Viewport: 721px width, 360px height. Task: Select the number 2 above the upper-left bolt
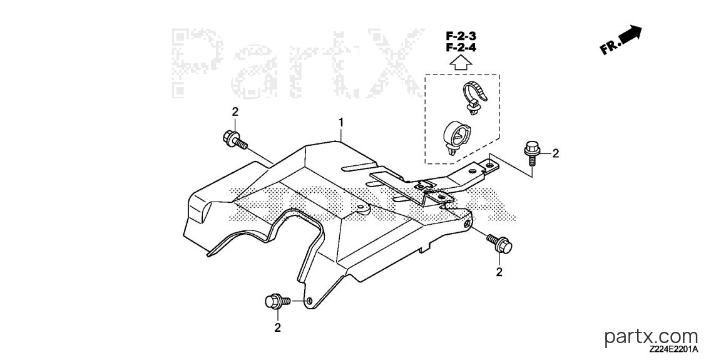click(x=235, y=111)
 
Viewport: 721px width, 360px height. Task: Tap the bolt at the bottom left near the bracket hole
click(x=278, y=301)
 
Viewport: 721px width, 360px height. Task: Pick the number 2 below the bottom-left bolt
click(x=277, y=328)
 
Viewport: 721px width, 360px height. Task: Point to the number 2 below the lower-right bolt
click(x=499, y=272)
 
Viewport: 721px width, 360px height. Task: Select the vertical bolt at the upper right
click(x=531, y=154)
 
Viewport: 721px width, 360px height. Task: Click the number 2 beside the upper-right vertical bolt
click(x=556, y=153)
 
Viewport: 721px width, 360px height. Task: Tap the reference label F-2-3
click(x=460, y=36)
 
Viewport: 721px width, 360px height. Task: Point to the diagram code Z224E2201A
click(x=674, y=351)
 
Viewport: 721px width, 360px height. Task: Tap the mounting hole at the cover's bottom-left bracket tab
click(x=309, y=301)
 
